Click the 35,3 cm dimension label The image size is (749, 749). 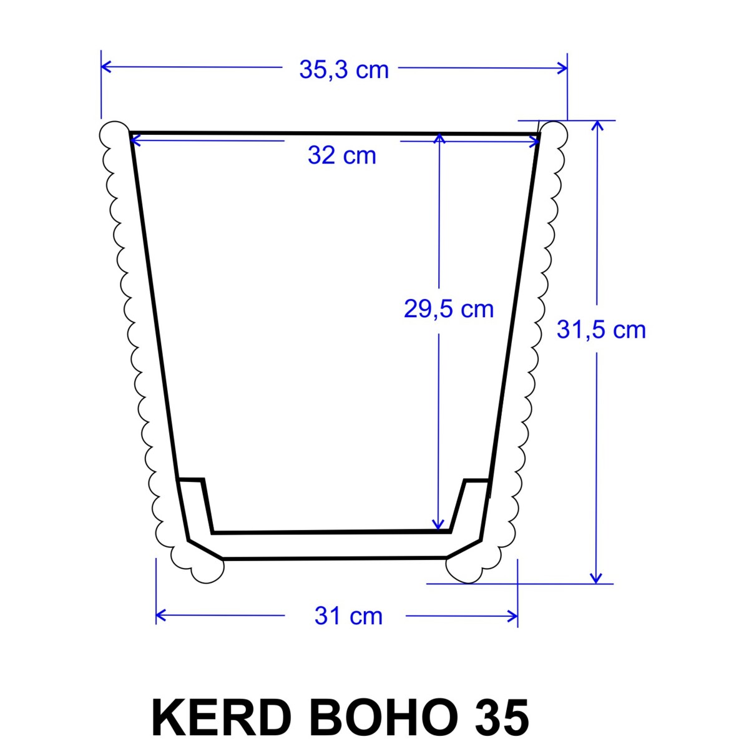point(343,71)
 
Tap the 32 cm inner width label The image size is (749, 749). point(342,155)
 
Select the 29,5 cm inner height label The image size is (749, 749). point(449,310)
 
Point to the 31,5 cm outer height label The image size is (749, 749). point(601,330)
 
